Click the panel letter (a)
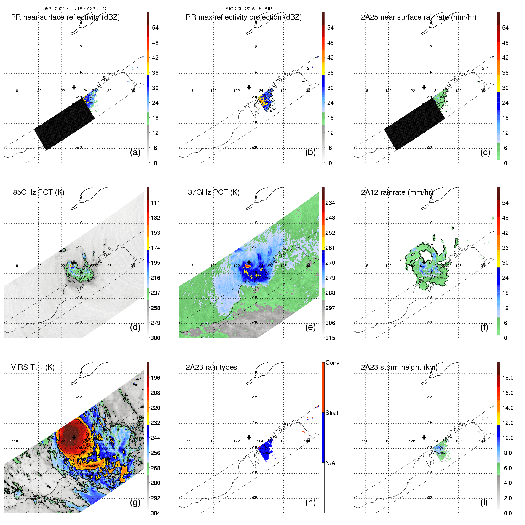click(x=135, y=152)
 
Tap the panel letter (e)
click(x=310, y=327)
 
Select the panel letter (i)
click(x=484, y=502)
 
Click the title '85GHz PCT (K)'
click(x=39, y=192)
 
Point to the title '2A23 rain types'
click(x=211, y=367)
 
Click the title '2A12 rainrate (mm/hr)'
click(x=397, y=192)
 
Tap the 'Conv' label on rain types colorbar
click(x=332, y=363)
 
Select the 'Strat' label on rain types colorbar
click(x=332, y=413)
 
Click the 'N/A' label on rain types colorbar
click(x=330, y=463)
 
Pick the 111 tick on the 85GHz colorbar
click(x=155, y=203)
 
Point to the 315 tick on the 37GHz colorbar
click(x=330, y=338)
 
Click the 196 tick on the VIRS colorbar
click(x=155, y=378)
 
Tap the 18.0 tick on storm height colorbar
click(x=508, y=378)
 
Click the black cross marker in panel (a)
click(x=74, y=87)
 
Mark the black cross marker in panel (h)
click(x=249, y=437)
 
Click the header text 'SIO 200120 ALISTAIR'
click(x=249, y=9)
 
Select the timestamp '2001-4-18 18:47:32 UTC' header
click(x=80, y=9)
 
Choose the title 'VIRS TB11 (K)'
click(x=33, y=368)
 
